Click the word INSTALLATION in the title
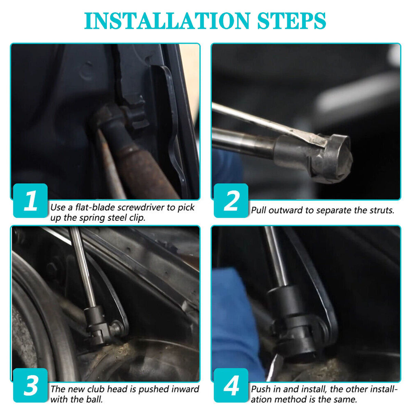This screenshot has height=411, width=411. point(167,21)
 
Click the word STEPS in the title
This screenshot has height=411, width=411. point(291,21)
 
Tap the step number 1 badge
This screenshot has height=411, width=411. point(30,201)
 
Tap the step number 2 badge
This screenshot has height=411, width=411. point(231,201)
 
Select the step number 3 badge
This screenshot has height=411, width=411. point(30,386)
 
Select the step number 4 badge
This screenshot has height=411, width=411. point(231,386)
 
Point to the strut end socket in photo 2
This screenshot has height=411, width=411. point(329,159)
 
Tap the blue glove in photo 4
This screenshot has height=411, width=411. point(235,320)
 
